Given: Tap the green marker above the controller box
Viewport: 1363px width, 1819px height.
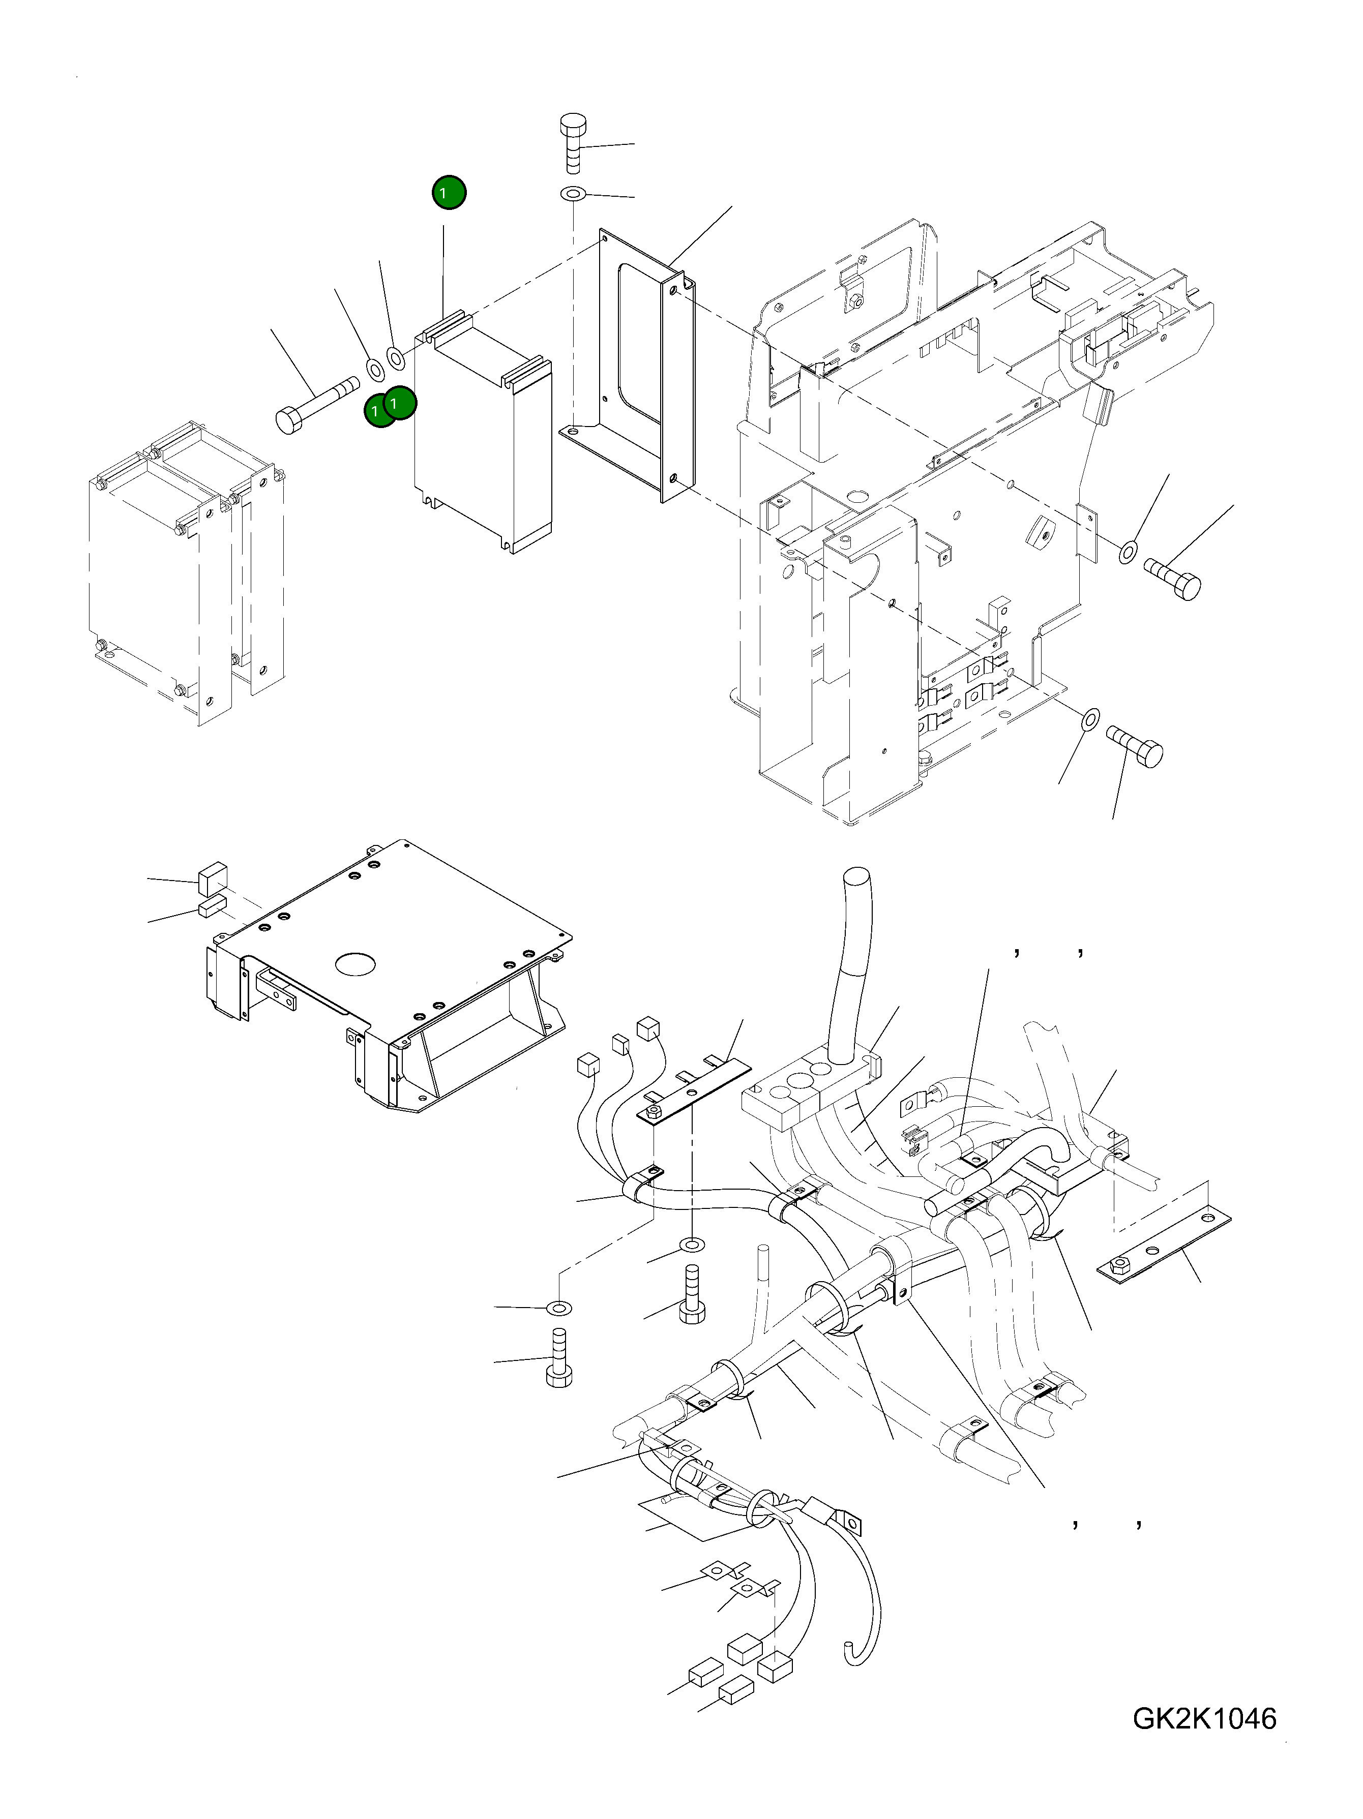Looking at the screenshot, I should tap(448, 193).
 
